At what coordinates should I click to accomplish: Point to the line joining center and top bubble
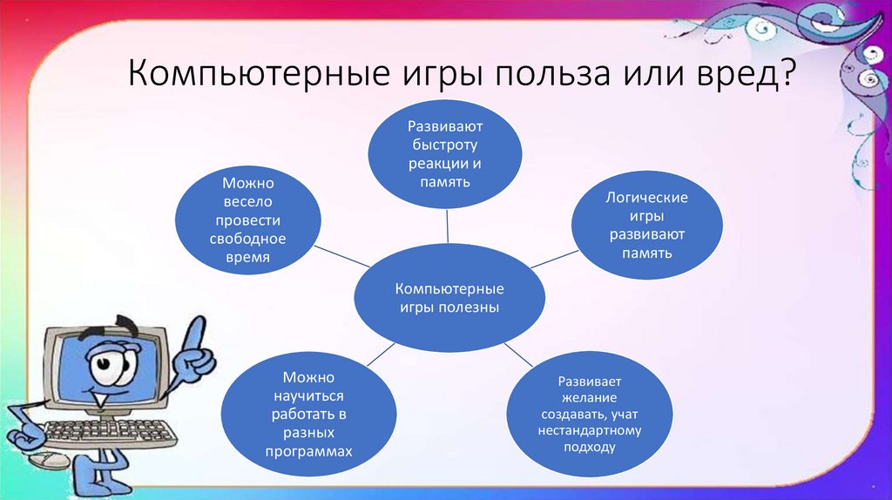tap(448, 227)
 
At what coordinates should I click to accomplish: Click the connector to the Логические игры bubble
tap(554, 259)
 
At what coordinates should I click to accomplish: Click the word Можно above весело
tap(247, 183)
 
